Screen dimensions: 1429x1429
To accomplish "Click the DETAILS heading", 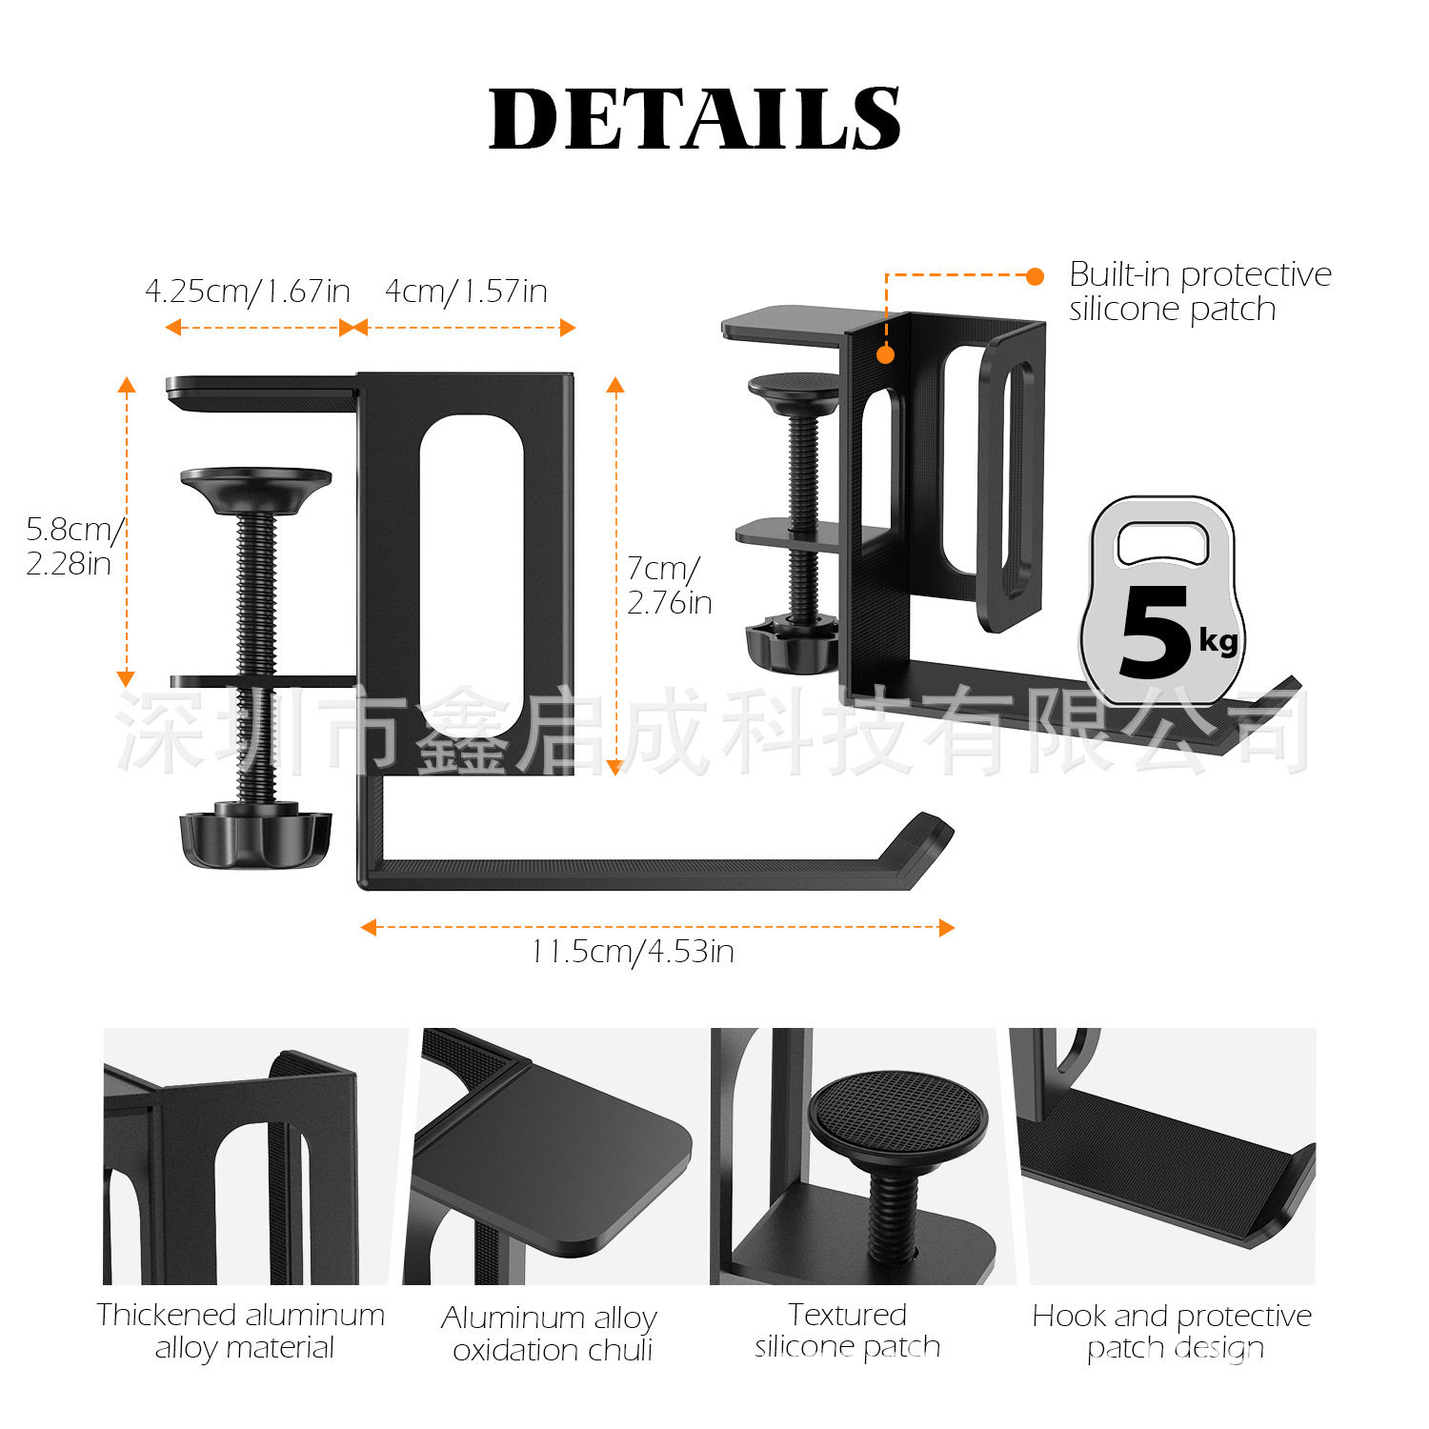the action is [694, 118].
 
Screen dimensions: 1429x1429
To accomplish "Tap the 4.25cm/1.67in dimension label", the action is [248, 291].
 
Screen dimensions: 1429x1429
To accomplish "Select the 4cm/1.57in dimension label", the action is [466, 291].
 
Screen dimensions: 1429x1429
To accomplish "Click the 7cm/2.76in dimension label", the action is [669, 585].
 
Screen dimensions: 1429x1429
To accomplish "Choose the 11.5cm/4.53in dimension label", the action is [633, 951].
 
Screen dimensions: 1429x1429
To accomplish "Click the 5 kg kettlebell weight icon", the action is [1161, 600].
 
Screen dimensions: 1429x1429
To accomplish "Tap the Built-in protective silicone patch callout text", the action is [1199, 292].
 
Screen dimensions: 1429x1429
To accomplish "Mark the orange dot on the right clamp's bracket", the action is [885, 354].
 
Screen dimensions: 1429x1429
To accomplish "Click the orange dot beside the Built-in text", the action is [1036, 276].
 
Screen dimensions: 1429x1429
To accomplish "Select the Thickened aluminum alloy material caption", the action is [241, 1331].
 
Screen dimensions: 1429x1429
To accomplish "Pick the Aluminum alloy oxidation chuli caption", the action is [550, 1334].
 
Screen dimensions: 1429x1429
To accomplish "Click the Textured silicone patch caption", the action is [847, 1331].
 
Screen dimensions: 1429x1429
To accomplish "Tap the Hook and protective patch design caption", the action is [1172, 1332].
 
